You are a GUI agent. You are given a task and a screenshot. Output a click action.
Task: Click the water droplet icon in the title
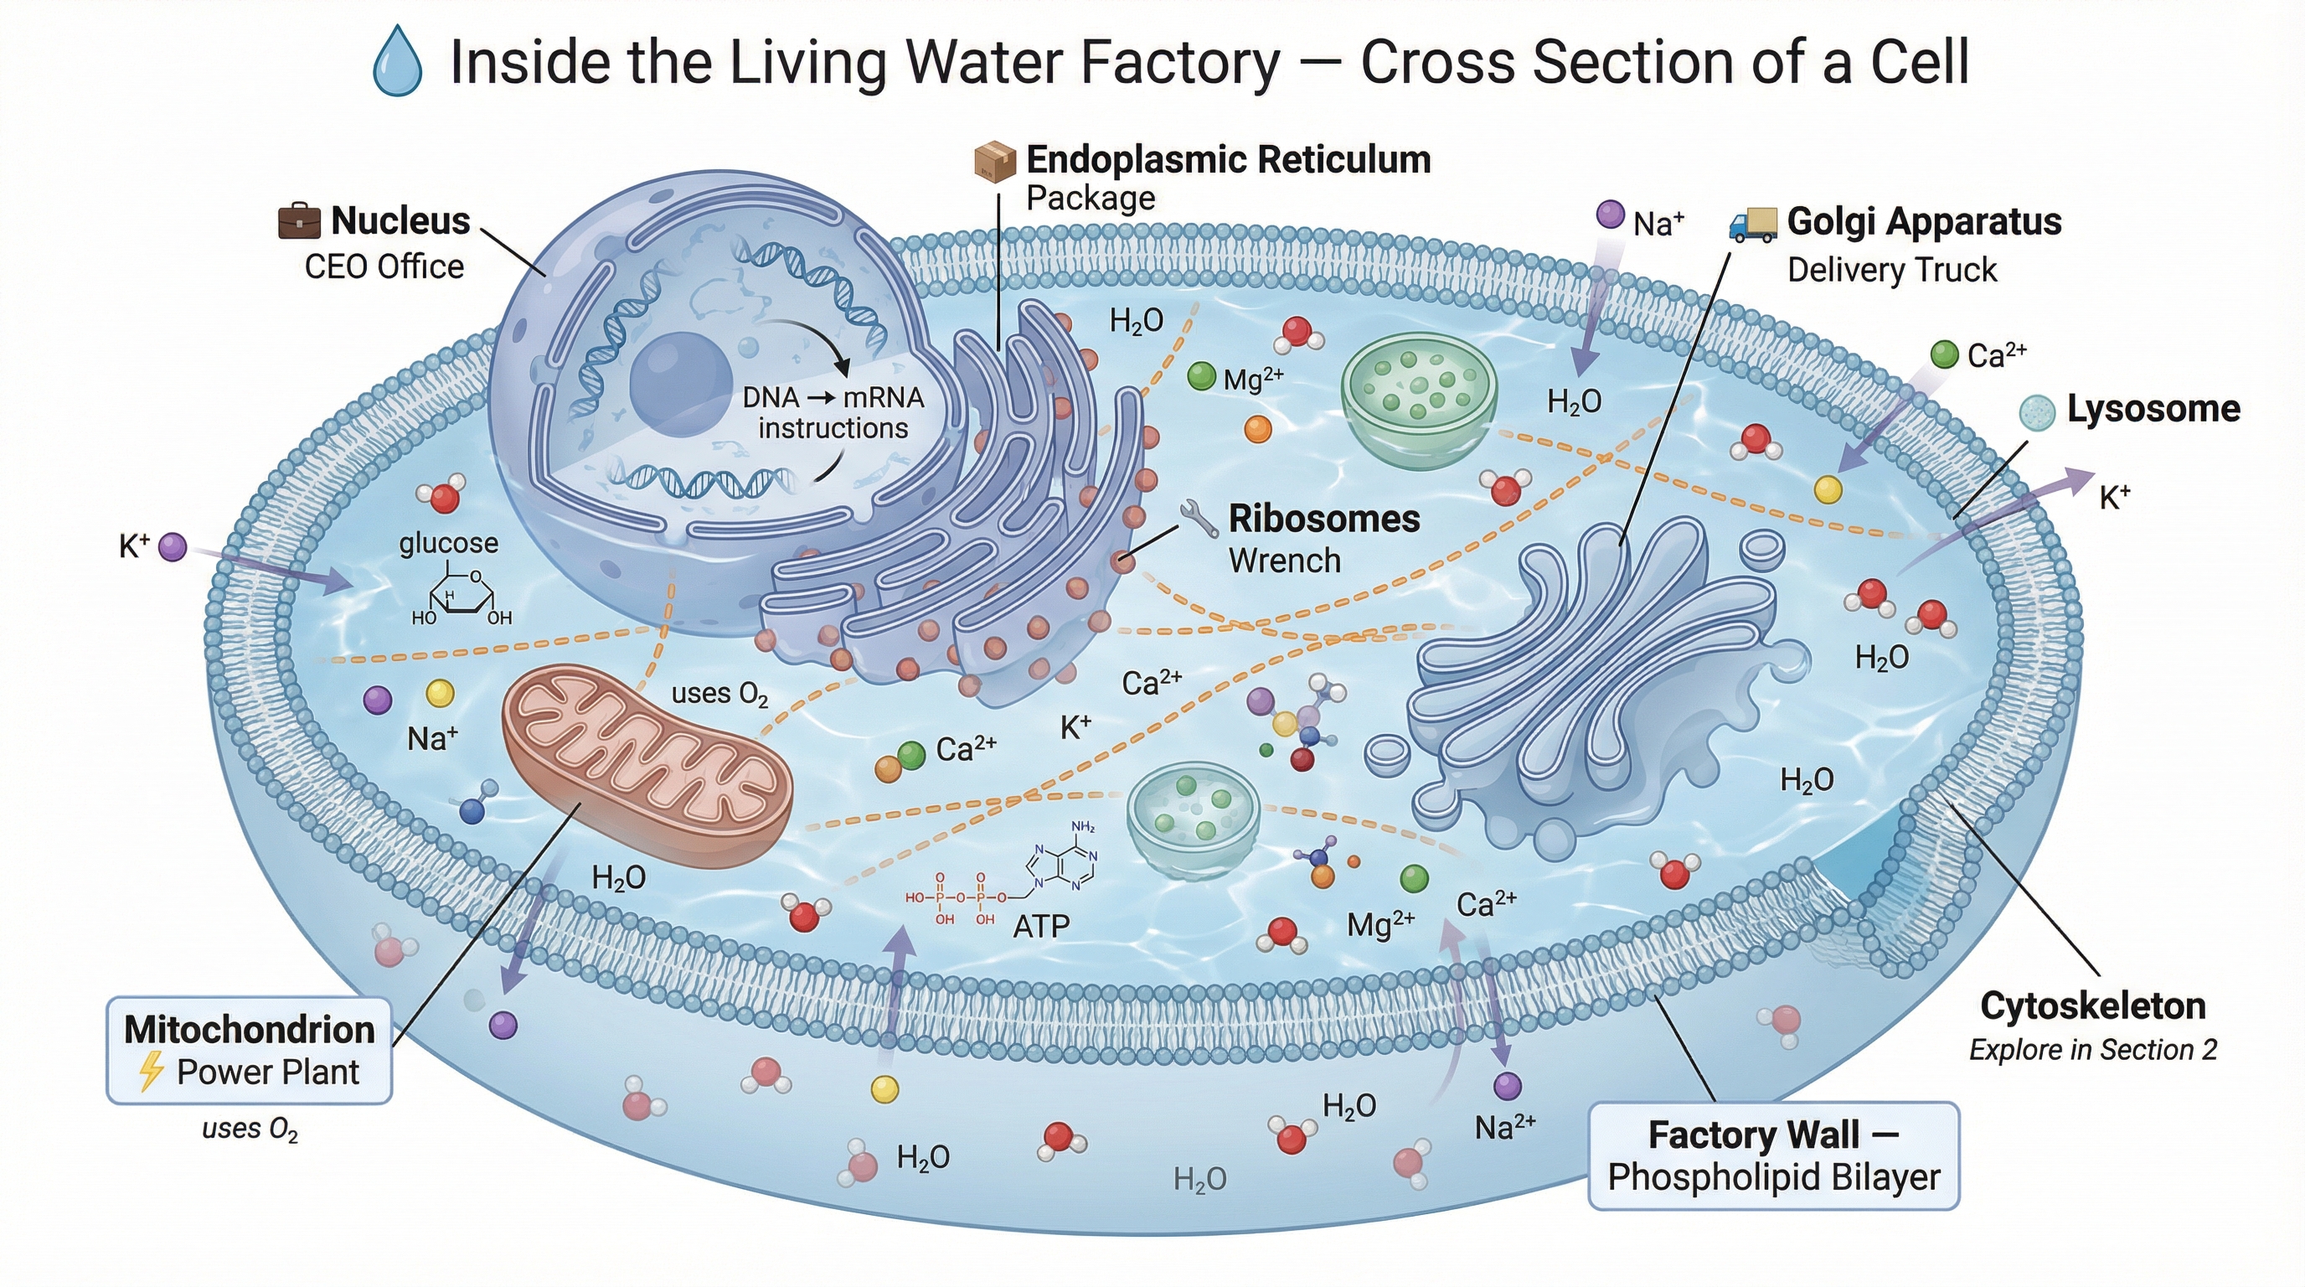(x=397, y=61)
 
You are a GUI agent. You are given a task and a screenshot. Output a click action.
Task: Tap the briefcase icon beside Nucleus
(x=299, y=221)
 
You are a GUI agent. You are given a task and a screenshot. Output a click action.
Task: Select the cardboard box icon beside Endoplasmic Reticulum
(x=994, y=161)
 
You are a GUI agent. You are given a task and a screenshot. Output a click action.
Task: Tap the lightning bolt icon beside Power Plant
(x=152, y=1072)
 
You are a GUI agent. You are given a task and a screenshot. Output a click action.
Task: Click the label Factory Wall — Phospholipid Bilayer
(x=1773, y=1155)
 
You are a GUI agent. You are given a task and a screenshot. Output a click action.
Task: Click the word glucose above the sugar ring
(x=448, y=543)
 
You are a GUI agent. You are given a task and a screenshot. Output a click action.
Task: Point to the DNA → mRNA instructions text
(x=833, y=412)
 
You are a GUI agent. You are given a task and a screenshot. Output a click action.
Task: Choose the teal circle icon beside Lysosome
(x=2038, y=412)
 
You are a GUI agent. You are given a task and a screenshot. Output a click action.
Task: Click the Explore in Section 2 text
(x=2093, y=1049)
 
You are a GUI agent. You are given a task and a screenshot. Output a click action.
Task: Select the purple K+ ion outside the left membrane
(x=172, y=546)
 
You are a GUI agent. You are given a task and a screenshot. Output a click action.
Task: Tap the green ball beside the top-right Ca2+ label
(x=1944, y=354)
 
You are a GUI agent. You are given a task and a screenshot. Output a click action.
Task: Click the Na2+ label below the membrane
(x=1505, y=1127)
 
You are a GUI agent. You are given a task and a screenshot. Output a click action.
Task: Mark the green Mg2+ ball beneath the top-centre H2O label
(x=1201, y=377)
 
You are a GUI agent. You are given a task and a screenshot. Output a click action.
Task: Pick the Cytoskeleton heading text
(x=2093, y=1006)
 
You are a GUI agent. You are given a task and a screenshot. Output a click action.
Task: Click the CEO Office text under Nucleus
(x=384, y=266)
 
